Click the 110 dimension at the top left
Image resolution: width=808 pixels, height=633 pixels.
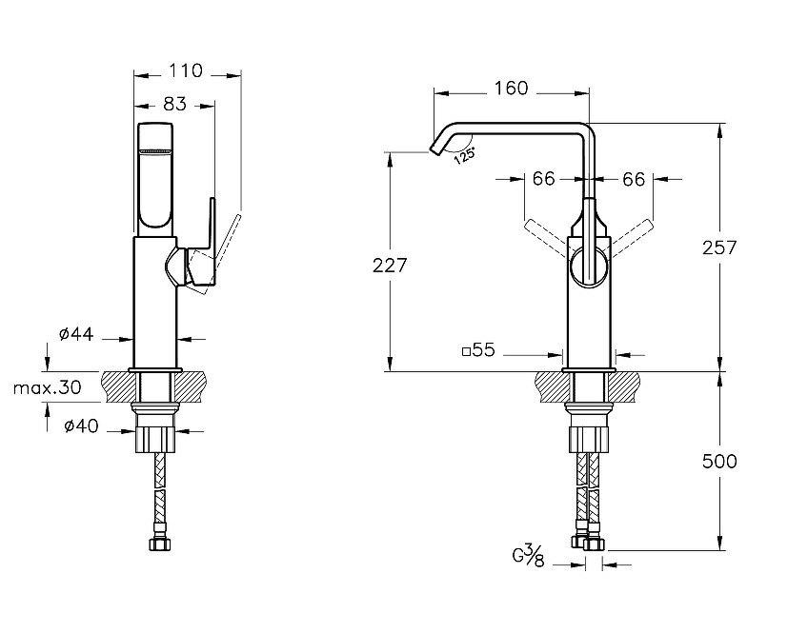tap(186, 70)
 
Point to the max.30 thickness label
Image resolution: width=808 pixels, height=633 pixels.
tap(47, 387)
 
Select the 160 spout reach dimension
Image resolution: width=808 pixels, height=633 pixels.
tap(511, 89)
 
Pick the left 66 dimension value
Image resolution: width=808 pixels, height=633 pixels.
tap(543, 179)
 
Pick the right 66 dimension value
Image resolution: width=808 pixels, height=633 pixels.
tap(634, 179)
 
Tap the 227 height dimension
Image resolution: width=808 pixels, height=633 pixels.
tap(389, 266)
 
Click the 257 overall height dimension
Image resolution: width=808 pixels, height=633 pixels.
tap(719, 247)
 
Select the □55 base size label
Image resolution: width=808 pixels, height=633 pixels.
tap(478, 350)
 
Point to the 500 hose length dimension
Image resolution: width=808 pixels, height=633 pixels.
tap(719, 462)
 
